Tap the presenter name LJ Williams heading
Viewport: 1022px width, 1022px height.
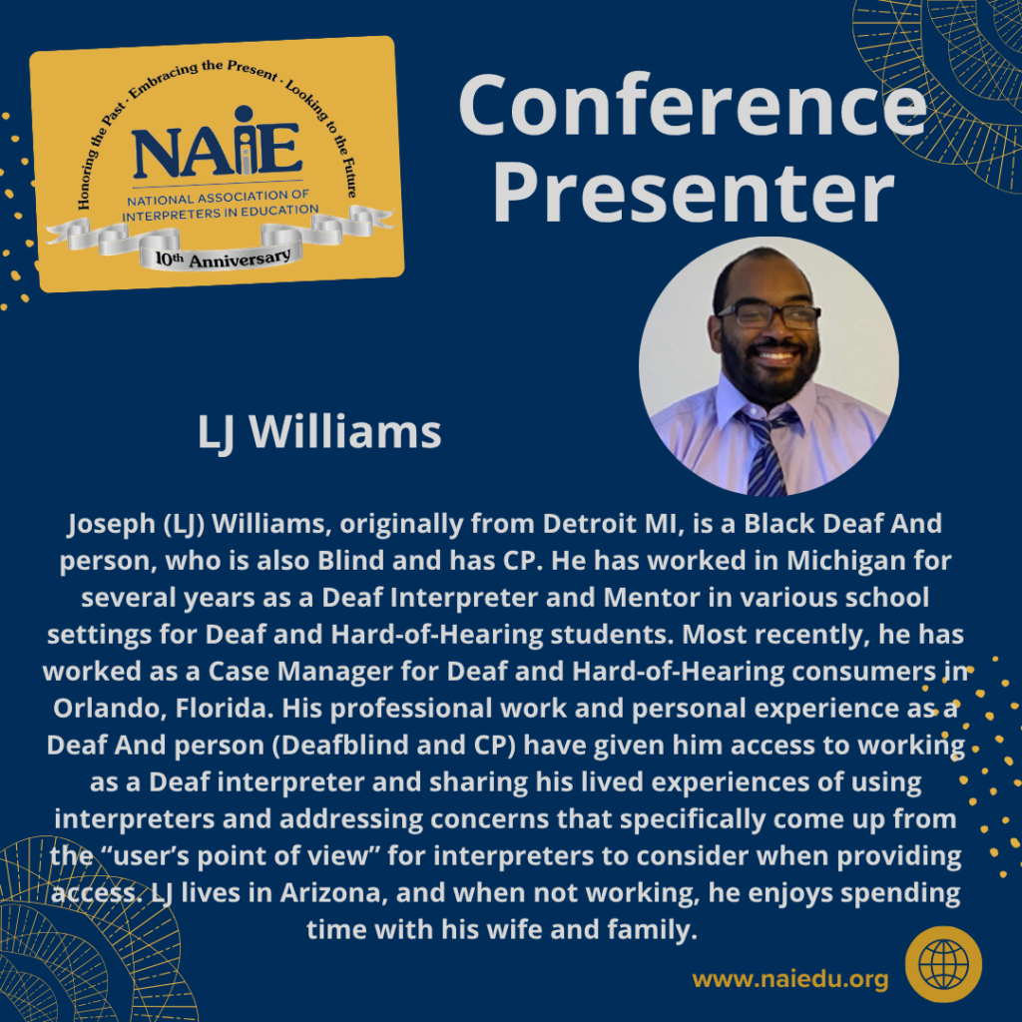point(319,432)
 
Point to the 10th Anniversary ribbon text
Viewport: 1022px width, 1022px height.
point(223,257)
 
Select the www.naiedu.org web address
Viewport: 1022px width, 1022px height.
point(790,979)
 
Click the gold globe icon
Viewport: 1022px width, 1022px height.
point(943,964)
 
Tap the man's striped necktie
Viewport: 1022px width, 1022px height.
point(766,454)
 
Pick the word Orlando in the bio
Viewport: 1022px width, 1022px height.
point(96,708)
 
